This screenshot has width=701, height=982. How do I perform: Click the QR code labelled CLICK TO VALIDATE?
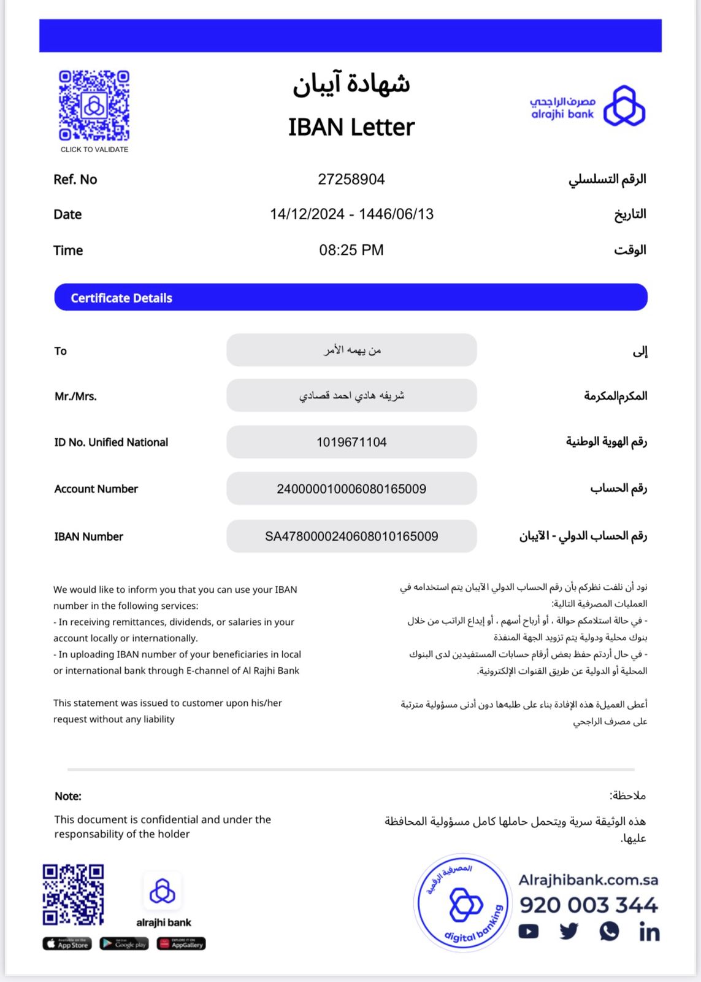(x=94, y=106)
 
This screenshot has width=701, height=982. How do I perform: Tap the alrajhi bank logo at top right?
(x=587, y=106)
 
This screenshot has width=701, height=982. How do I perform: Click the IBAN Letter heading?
(x=351, y=128)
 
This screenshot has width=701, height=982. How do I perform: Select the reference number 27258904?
(x=351, y=179)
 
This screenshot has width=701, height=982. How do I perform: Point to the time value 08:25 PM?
(x=351, y=250)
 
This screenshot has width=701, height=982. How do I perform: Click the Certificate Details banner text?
(x=121, y=298)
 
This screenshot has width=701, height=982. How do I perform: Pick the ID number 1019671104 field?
(x=351, y=443)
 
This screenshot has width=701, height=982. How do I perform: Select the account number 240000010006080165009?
(x=351, y=489)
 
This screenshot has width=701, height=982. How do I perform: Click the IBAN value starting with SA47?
(x=351, y=536)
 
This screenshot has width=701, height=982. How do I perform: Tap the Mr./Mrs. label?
(x=75, y=396)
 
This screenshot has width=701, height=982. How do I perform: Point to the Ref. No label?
(x=75, y=180)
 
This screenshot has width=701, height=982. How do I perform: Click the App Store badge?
(x=67, y=944)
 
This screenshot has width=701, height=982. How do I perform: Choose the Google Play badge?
(x=124, y=944)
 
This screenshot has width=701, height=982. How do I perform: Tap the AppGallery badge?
(x=181, y=944)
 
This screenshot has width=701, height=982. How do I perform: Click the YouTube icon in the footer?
(x=528, y=932)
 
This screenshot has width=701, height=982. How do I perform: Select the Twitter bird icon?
(x=569, y=932)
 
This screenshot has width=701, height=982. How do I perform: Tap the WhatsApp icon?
(x=609, y=932)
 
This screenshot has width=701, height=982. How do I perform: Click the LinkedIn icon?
(x=649, y=932)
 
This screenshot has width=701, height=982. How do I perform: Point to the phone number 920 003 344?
(x=588, y=905)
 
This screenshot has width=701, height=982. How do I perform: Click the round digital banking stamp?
(x=463, y=903)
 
